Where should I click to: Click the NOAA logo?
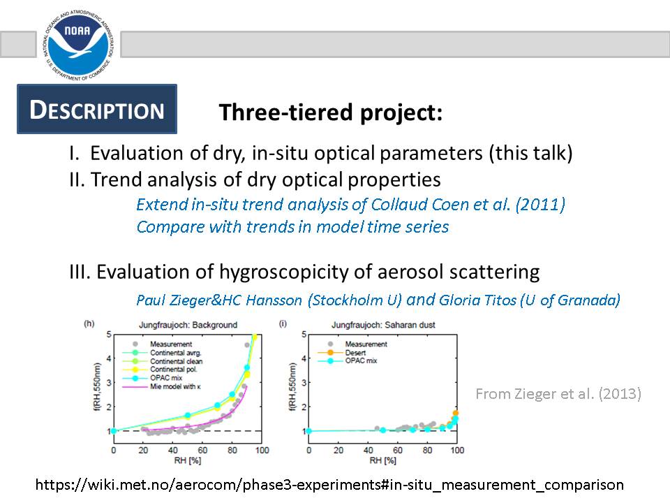tap(79, 45)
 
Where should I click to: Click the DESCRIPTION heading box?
tap(97, 109)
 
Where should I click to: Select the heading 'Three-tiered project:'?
tap(331, 112)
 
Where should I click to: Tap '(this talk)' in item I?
tap(530, 153)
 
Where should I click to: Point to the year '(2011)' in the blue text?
tap(540, 205)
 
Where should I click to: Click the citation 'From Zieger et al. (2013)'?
tap(558, 393)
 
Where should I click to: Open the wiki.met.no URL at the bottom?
tap(329, 485)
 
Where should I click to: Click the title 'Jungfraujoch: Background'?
tap(188, 325)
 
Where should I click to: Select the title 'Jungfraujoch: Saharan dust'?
tap(383, 325)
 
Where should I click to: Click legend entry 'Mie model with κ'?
tap(175, 386)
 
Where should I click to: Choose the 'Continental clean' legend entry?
tap(176, 361)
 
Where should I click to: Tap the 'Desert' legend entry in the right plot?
tap(355, 353)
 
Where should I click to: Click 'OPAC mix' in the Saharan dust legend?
tap(361, 361)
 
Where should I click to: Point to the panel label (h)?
tap(89, 323)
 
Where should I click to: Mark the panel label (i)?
tap(283, 323)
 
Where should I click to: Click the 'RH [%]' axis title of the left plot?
tap(188, 460)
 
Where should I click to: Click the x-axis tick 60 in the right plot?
tap(398, 451)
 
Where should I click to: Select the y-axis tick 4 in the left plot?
tap(109, 358)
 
